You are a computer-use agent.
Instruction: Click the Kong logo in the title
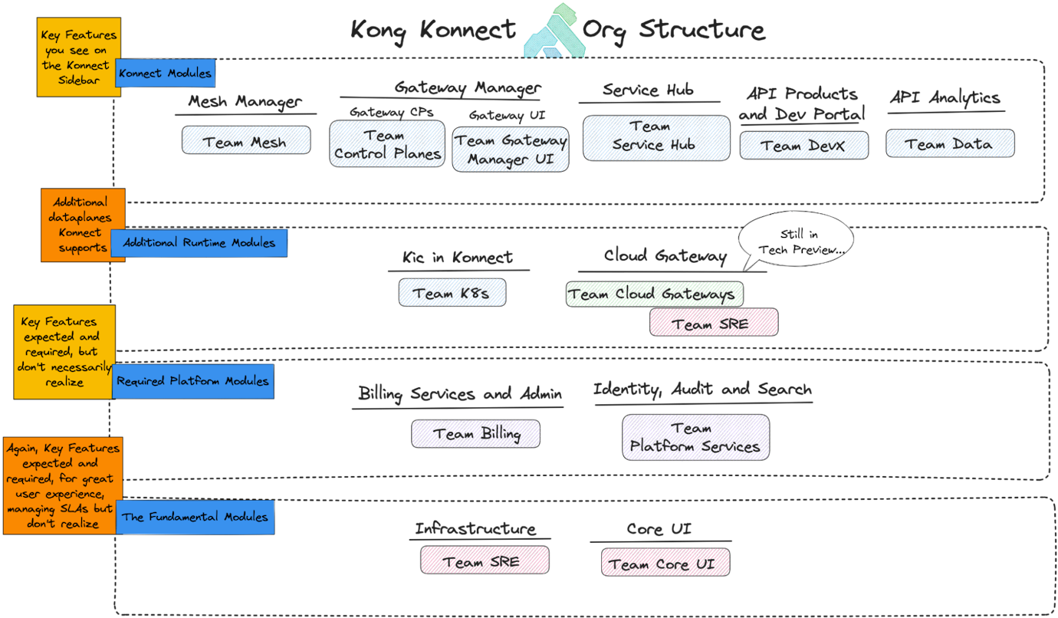[x=554, y=32]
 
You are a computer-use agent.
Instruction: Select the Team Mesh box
[x=246, y=141]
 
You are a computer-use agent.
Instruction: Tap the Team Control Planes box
[x=387, y=144]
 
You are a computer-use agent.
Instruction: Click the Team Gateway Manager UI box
[x=511, y=149]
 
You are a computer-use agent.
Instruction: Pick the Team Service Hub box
[x=656, y=138]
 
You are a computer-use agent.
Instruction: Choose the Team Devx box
[x=803, y=146]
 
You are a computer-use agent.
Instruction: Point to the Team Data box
[x=950, y=143]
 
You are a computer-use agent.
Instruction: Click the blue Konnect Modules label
[x=165, y=74]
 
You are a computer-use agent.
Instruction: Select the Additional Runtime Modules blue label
[x=199, y=242]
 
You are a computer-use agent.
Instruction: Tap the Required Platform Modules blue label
[x=192, y=381]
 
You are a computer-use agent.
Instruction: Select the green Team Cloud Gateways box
[x=654, y=294]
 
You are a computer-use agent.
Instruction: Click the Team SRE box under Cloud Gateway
[x=714, y=323]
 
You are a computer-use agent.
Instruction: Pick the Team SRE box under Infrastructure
[x=485, y=560]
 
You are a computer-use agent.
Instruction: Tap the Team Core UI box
[x=665, y=563]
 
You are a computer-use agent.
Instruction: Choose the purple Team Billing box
[x=475, y=434]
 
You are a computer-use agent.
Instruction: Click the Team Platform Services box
[x=695, y=437]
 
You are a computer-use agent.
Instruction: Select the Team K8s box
[x=452, y=292]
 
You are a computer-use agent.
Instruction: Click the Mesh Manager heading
[x=245, y=101]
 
